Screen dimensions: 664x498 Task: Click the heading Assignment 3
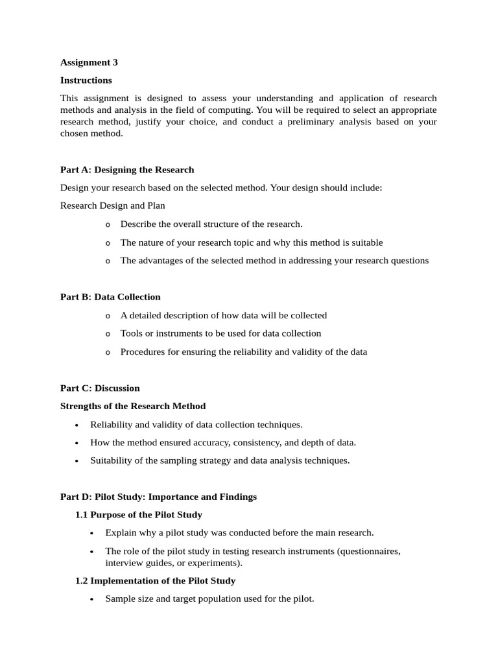point(89,62)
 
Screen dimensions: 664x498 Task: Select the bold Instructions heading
point(86,80)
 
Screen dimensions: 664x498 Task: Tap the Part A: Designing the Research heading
point(127,170)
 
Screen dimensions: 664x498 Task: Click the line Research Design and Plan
point(112,206)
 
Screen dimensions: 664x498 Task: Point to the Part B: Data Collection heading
point(110,297)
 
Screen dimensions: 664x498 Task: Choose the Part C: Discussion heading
point(100,388)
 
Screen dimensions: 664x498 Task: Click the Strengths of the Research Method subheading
point(133,407)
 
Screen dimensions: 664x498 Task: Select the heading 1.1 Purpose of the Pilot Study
point(139,515)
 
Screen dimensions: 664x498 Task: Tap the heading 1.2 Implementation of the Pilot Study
point(155,581)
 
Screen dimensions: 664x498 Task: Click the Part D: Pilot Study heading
point(158,497)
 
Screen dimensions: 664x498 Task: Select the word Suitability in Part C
point(111,460)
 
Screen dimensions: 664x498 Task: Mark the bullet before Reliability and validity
point(77,425)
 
